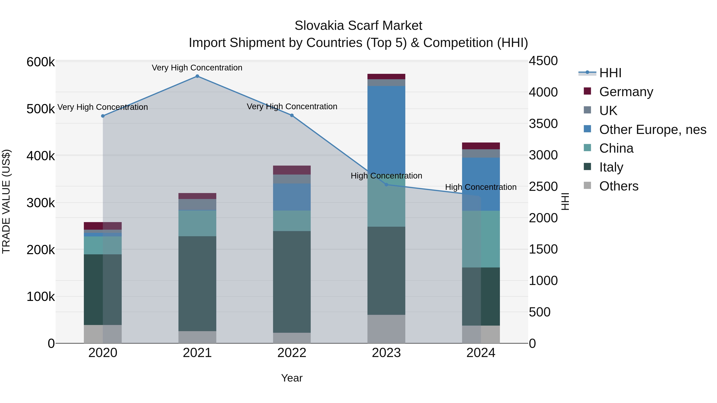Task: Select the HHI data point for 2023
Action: pos(386,185)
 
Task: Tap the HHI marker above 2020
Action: pos(103,116)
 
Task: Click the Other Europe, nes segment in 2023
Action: pos(386,128)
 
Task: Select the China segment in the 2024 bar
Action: pos(481,239)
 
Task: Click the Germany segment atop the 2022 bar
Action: pos(292,170)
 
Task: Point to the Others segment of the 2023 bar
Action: pos(386,329)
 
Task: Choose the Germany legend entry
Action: pos(626,92)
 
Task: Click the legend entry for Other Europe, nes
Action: pos(652,130)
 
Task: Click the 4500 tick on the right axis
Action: pos(543,61)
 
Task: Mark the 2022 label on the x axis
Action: pos(292,353)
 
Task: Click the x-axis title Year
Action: pos(292,378)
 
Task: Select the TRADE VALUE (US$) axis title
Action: pos(6,201)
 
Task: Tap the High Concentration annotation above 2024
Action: pos(481,187)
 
